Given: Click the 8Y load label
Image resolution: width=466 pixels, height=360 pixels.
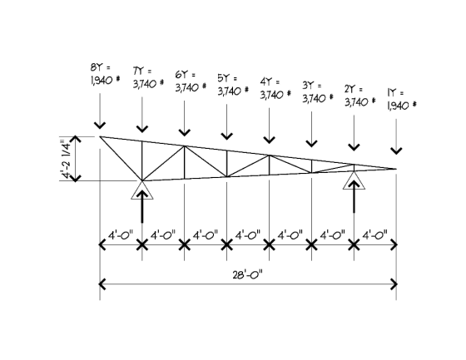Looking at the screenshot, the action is [x=106, y=74].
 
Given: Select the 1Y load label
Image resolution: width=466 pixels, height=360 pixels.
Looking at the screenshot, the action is [x=402, y=99].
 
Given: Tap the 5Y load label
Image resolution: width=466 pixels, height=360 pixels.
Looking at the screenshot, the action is [x=233, y=85].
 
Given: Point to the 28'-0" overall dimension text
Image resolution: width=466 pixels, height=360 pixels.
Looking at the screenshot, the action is [x=248, y=275].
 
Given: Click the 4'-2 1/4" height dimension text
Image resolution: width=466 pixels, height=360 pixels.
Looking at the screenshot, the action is [x=67, y=158].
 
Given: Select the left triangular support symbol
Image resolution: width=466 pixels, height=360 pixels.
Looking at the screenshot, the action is [x=142, y=190].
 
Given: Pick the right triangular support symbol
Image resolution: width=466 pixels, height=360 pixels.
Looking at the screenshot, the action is [x=354, y=180].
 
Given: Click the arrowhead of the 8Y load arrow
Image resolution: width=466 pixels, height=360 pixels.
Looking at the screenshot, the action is [x=100, y=126].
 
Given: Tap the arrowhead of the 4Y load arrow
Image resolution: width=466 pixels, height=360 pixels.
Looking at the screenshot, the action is [x=270, y=140].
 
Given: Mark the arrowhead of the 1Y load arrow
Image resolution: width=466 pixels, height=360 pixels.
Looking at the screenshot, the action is [x=396, y=150].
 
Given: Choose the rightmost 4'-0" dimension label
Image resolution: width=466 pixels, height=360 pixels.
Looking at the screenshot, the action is [x=374, y=235].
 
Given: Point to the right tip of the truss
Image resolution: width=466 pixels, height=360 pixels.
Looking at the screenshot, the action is [x=396, y=169].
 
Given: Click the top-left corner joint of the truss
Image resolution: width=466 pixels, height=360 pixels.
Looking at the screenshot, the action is [x=100, y=136].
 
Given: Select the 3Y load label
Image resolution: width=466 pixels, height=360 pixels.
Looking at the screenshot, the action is [x=318, y=92].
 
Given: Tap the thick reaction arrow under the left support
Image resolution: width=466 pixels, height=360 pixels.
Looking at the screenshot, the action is [x=142, y=206].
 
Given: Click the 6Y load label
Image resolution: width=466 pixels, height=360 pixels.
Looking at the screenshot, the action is [x=191, y=81].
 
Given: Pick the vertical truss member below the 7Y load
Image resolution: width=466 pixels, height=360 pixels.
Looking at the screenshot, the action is [x=142, y=160].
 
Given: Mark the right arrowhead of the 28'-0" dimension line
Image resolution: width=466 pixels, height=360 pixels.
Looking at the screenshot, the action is [x=394, y=284].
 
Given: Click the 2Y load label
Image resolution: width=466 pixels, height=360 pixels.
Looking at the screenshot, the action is [x=359, y=96].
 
